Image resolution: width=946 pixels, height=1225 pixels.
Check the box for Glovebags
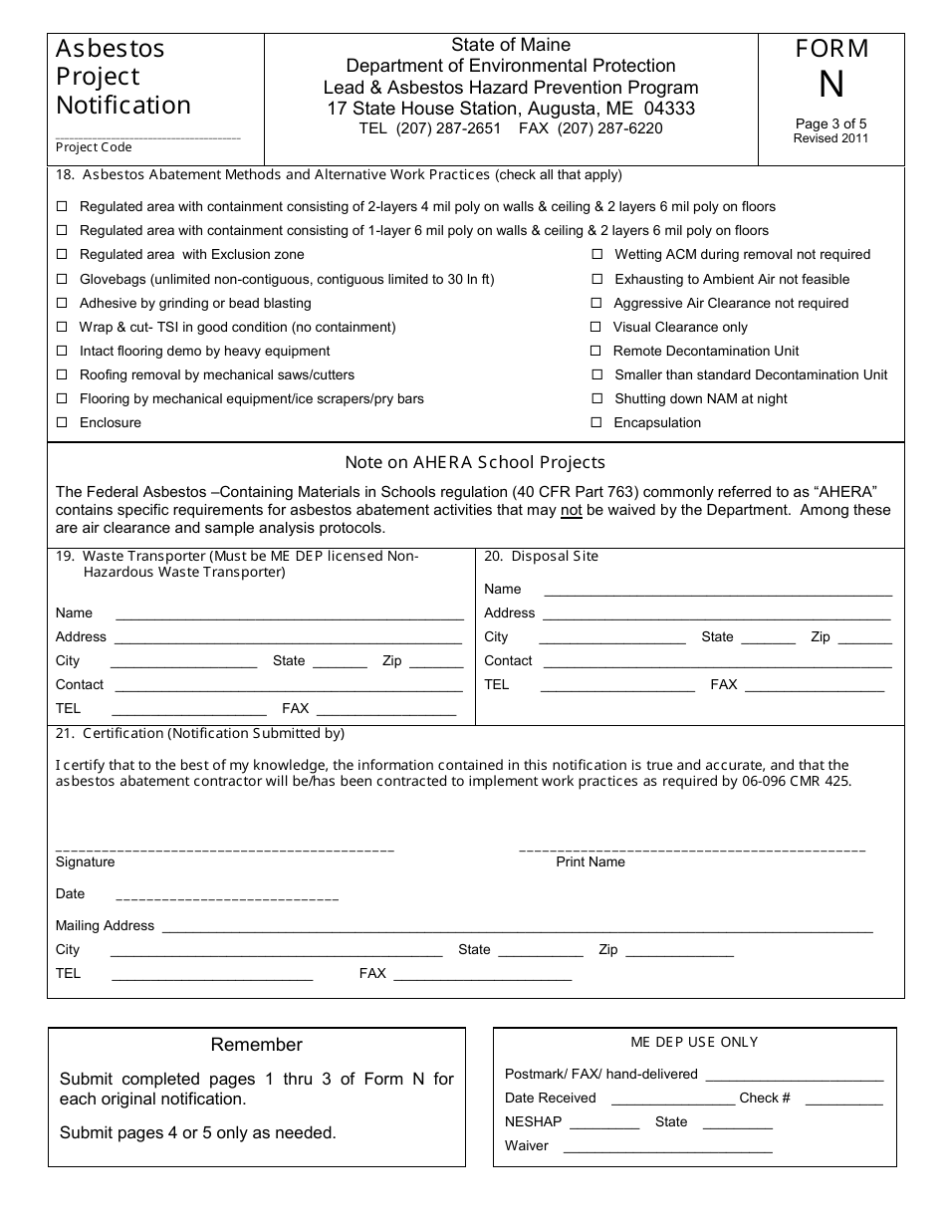point(62,279)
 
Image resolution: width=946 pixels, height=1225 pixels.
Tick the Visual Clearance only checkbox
point(596,327)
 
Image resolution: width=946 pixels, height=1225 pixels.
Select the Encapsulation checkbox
point(596,422)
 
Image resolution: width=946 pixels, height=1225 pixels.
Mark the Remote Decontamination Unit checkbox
point(596,351)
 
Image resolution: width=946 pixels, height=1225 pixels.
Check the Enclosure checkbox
point(62,422)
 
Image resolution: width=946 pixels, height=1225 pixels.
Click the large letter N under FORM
point(831,86)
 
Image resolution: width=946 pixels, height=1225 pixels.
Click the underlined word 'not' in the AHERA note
point(571,510)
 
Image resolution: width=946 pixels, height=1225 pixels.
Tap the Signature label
point(85,861)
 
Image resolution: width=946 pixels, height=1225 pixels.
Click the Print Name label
point(591,861)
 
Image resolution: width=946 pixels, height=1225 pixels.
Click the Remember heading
point(256,1045)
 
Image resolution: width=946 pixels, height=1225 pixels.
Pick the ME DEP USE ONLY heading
point(694,1042)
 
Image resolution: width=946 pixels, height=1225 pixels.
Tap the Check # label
point(765,1098)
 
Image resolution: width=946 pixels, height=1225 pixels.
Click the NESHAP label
point(533,1121)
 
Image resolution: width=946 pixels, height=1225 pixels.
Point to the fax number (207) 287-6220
point(609,128)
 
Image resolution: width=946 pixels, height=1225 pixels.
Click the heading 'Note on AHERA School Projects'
point(475,462)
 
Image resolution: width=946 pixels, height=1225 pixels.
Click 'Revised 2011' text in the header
point(830,138)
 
